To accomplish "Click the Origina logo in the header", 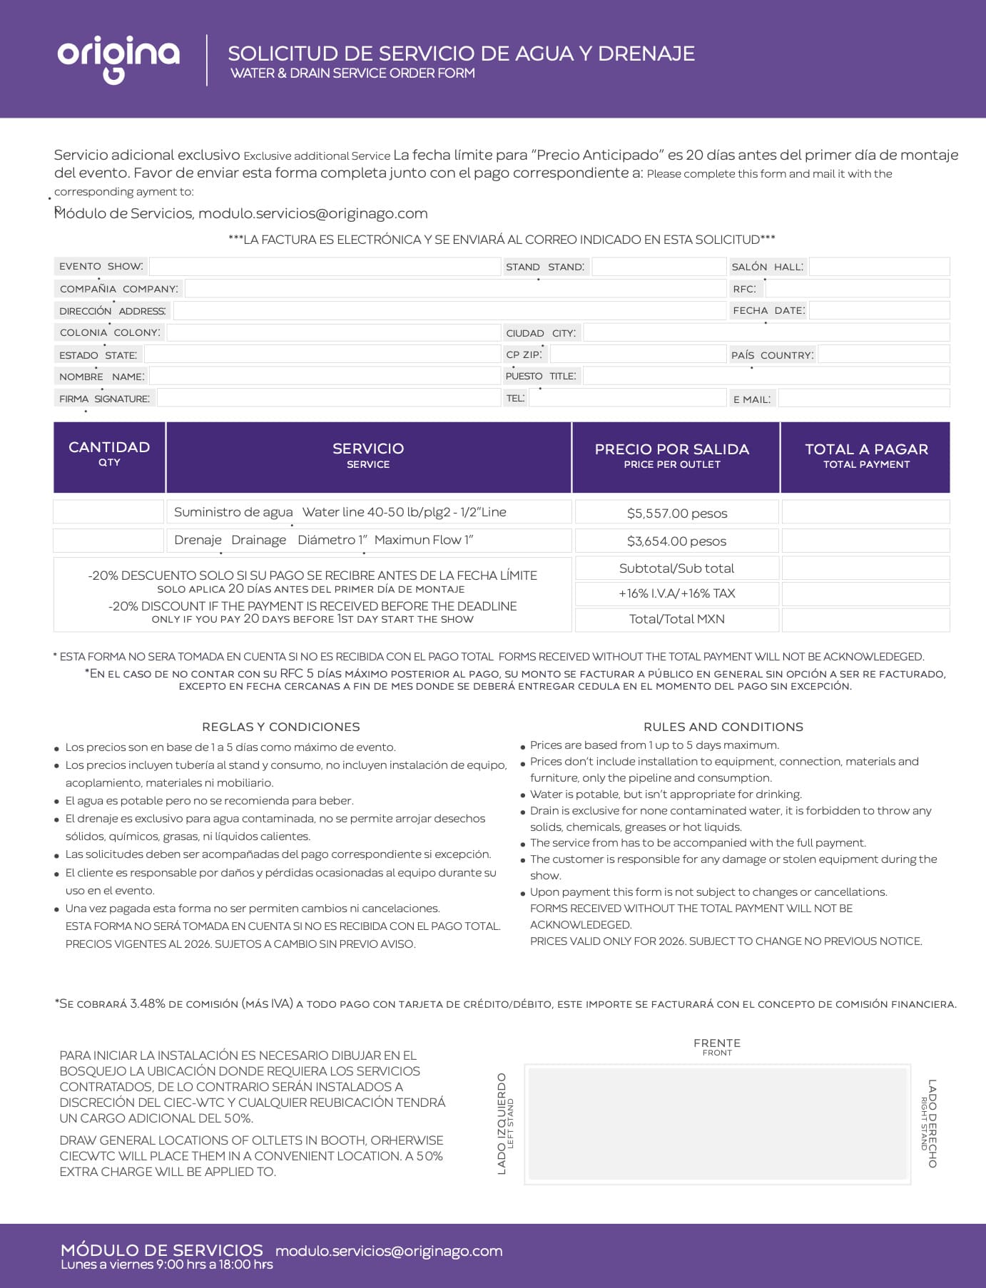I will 118,58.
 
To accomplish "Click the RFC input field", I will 857,289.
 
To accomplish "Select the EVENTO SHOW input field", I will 325,267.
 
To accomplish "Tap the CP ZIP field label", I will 524,354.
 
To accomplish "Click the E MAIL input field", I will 863,399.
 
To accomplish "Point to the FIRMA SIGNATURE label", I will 104,399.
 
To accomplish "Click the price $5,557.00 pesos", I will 676,513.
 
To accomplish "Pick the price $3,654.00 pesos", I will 676,541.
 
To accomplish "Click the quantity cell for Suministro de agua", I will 109,512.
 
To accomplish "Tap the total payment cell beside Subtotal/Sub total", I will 865,568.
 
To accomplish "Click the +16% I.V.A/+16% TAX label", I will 676,593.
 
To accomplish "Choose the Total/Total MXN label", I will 676,619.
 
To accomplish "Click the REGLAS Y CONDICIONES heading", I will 280,727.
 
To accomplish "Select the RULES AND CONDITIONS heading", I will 723,727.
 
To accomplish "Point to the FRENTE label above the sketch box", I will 716,1043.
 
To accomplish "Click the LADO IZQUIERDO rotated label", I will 502,1123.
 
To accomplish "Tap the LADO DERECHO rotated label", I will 931,1123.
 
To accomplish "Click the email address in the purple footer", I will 389,1251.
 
